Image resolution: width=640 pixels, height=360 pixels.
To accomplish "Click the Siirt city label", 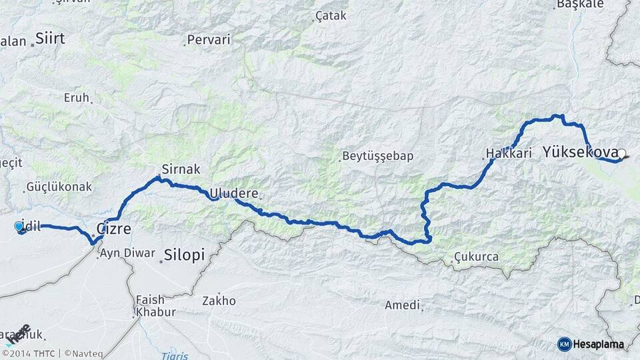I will click(50, 38).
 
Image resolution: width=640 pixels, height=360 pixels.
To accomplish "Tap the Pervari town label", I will click(208, 40).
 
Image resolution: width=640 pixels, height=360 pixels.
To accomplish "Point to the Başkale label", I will click(579, 4).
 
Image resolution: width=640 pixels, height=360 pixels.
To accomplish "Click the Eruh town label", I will click(76, 97).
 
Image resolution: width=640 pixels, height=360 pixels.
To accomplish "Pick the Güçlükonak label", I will click(59, 187).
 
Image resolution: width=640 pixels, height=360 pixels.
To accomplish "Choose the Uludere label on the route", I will click(233, 194).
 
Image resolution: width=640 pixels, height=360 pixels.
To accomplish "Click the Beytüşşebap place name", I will click(377, 157).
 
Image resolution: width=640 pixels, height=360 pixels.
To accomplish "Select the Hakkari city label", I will click(509, 154).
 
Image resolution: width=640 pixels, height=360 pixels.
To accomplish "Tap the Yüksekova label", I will click(579, 152).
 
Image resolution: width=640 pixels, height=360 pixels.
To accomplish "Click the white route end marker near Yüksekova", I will click(621, 154).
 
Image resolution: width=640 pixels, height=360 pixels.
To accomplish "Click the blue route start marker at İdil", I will click(19, 227).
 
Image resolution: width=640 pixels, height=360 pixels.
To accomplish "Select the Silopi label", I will click(183, 254).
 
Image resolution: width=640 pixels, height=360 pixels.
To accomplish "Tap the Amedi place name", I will click(403, 305).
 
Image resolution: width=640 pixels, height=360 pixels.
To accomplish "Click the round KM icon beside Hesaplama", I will click(564, 344).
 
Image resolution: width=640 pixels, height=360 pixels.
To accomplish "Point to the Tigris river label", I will click(175, 356).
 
